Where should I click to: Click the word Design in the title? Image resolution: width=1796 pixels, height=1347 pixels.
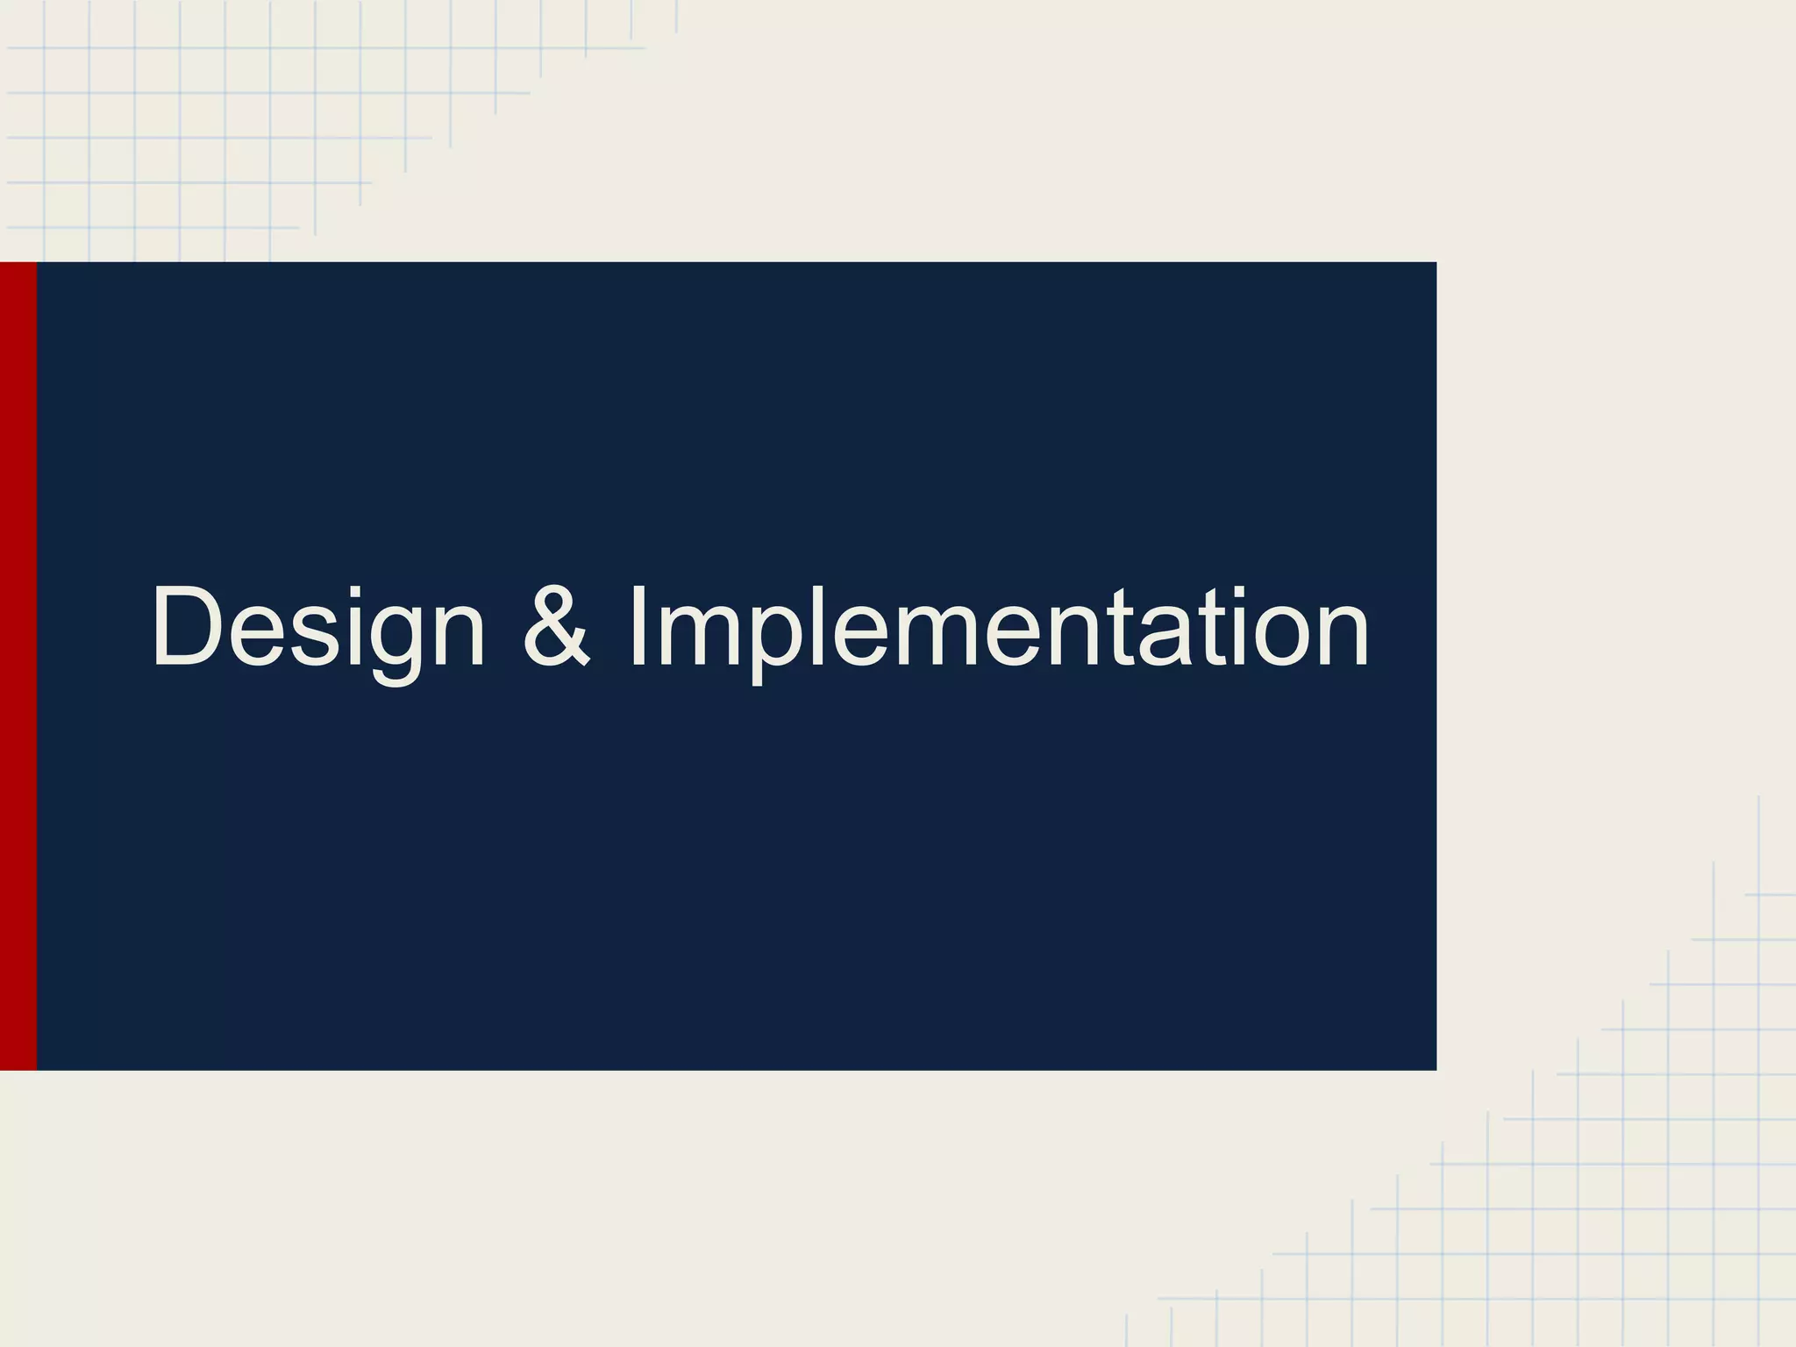(317, 628)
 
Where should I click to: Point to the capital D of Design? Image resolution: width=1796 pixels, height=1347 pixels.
(190, 626)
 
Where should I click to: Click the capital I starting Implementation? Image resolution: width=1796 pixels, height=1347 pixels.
(638, 626)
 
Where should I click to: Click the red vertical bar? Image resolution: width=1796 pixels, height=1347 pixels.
(18, 666)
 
